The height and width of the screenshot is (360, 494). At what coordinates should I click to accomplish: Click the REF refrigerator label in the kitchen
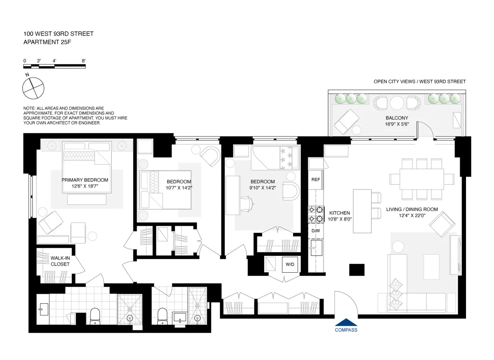(316, 180)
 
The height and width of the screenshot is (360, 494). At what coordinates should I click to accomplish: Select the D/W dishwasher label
(316, 231)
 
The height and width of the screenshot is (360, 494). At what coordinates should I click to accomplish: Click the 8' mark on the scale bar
(84, 61)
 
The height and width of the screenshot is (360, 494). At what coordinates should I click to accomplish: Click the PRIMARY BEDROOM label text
(85, 180)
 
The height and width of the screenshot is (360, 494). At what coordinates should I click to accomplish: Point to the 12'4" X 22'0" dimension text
(412, 215)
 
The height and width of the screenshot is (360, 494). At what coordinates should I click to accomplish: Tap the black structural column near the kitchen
(357, 270)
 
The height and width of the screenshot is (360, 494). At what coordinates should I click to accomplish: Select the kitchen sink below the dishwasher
(316, 248)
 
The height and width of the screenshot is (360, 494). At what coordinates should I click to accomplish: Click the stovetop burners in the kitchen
(316, 214)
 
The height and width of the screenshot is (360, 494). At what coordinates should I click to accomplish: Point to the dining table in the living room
(422, 179)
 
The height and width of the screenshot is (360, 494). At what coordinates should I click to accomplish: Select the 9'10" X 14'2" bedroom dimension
(263, 189)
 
